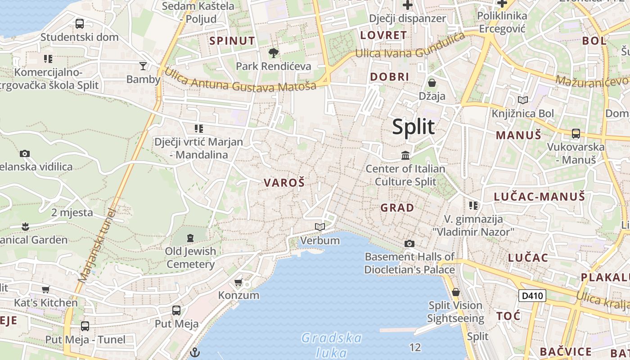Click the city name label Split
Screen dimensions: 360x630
coord(413,126)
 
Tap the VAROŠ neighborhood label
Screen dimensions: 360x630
coord(284,182)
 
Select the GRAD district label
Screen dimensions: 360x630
coord(397,207)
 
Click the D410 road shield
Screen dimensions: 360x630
coord(532,296)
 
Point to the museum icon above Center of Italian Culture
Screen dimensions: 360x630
coord(405,156)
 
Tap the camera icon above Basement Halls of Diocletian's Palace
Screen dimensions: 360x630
coord(409,243)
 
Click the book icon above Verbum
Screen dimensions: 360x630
coord(320,227)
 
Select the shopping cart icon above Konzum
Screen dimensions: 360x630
coord(238,283)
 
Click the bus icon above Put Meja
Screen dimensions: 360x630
coord(176,310)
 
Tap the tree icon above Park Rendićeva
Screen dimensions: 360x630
coord(273,53)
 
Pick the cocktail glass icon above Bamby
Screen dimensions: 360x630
coord(143,66)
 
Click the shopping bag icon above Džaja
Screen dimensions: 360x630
coord(432,83)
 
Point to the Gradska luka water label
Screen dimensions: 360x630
coord(331,345)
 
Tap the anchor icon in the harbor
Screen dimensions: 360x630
coord(195,352)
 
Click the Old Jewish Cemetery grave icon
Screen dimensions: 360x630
coord(190,237)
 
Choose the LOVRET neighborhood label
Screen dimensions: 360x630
coord(383,35)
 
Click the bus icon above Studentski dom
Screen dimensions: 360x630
coord(80,23)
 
